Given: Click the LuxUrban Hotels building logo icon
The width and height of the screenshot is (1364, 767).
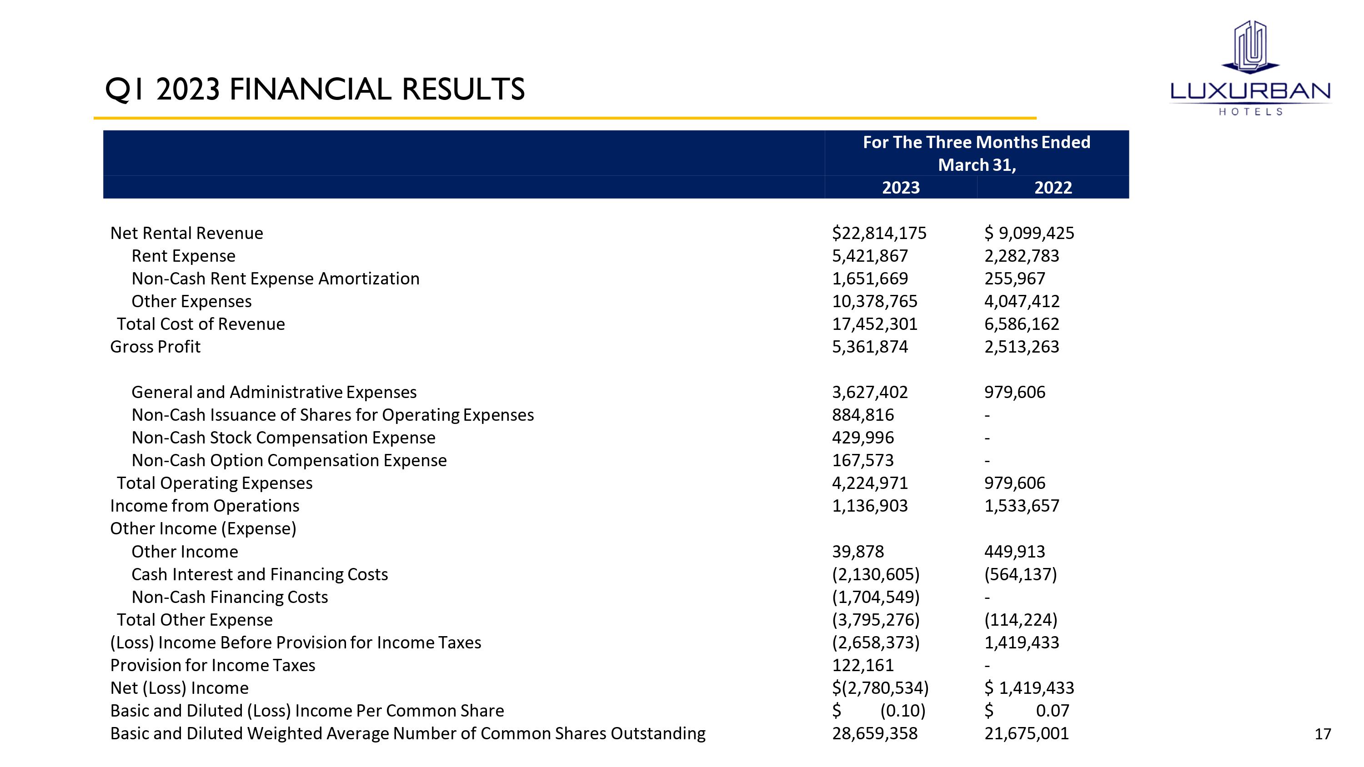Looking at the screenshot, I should click(x=1250, y=48).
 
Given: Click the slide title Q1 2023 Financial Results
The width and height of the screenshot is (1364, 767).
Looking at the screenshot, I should click(x=315, y=89).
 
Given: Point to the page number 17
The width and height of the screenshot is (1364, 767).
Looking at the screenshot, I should click(x=1323, y=734).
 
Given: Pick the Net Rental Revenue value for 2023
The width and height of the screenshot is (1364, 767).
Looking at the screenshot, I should click(x=879, y=234).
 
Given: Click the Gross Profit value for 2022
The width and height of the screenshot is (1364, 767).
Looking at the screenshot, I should click(x=1022, y=347).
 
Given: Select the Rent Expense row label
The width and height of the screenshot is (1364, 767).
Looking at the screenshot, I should click(x=183, y=256).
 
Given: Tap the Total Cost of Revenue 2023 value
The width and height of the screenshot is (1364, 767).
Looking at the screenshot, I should click(x=874, y=324).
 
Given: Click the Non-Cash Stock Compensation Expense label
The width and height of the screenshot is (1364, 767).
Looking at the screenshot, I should click(x=283, y=438).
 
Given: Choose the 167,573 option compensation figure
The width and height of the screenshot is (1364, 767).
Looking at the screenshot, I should click(x=863, y=460).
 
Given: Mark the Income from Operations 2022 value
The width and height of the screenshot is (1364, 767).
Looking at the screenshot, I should click(x=1022, y=506).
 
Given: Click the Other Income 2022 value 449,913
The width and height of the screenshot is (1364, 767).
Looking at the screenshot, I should click(x=1014, y=552).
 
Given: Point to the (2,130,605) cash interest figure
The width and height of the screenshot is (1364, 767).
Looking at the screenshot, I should click(x=876, y=574).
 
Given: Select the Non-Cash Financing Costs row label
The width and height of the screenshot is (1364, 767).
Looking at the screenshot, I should click(x=230, y=597).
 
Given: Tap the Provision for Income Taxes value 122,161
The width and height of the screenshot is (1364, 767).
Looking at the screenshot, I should click(x=863, y=665).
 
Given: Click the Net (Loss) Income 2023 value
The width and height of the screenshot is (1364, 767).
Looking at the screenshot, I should click(x=880, y=688).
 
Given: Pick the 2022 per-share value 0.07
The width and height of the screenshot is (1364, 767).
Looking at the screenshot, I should click(x=1052, y=711).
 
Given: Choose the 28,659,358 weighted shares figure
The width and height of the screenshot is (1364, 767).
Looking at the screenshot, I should click(x=874, y=734).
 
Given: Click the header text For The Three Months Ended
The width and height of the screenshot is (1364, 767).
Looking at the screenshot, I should click(x=977, y=142).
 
